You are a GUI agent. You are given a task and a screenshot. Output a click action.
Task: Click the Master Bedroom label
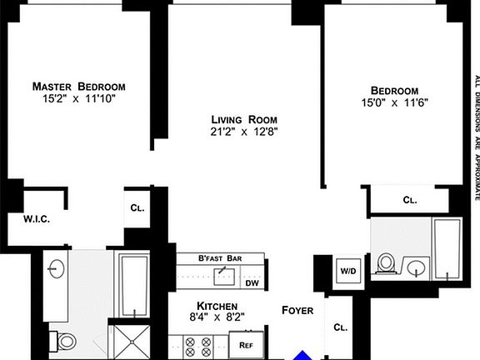click(x=79, y=87)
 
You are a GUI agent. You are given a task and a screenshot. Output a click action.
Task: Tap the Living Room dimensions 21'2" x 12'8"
click(x=243, y=130)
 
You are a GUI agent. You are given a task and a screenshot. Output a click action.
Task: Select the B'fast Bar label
click(x=219, y=259)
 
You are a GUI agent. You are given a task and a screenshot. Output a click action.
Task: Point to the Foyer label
click(x=297, y=310)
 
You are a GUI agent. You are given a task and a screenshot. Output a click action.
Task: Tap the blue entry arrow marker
click(x=305, y=355)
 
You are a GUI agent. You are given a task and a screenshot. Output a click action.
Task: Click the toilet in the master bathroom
click(x=64, y=340)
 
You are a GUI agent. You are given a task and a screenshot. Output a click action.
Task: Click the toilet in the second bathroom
click(x=386, y=263)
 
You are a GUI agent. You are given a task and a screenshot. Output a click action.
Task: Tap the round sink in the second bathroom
click(x=416, y=267)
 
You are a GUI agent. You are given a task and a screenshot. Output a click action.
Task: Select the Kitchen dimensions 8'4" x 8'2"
click(x=217, y=317)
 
